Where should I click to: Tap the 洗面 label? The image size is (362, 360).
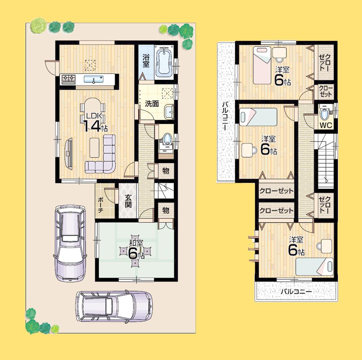tap(152, 104)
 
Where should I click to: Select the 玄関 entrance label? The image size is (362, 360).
tap(128, 201)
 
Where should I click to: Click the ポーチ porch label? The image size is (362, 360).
tap(101, 205)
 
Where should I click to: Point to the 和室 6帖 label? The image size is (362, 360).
tap(136, 250)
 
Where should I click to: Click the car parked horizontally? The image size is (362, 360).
tap(114, 306)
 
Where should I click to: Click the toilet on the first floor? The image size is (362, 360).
tap(166, 140)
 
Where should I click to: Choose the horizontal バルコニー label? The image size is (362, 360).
tap(296, 291)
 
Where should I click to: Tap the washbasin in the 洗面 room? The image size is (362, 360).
tap(168, 113)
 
